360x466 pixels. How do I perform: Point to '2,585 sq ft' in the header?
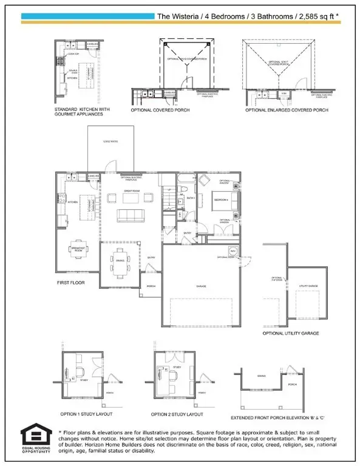(317, 16)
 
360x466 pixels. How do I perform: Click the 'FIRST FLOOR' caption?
(71, 283)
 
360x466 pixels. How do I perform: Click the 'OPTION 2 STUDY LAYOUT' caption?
(177, 414)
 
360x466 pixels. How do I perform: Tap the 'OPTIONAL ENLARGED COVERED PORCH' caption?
(287, 110)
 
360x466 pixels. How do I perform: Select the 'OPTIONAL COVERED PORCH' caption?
(160, 111)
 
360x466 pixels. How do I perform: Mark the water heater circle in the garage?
(233, 250)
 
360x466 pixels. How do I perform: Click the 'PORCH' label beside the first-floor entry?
(151, 286)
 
